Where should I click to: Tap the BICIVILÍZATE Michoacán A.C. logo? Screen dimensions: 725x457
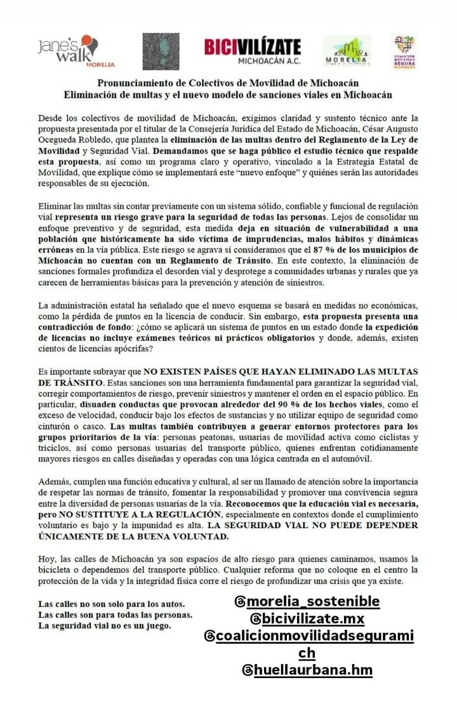tap(252, 51)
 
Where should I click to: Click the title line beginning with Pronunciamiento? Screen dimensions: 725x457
tap(228, 83)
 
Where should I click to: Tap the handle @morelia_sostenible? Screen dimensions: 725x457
tap(307, 601)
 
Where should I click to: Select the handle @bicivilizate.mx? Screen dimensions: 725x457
tap(307, 618)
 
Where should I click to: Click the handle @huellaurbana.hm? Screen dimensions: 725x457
tap(307, 670)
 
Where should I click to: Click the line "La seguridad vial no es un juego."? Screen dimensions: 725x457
tap(105, 625)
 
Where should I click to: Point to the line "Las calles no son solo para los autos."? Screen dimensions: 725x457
tap(112, 603)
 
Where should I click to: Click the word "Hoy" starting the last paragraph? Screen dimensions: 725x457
tap(48, 559)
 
